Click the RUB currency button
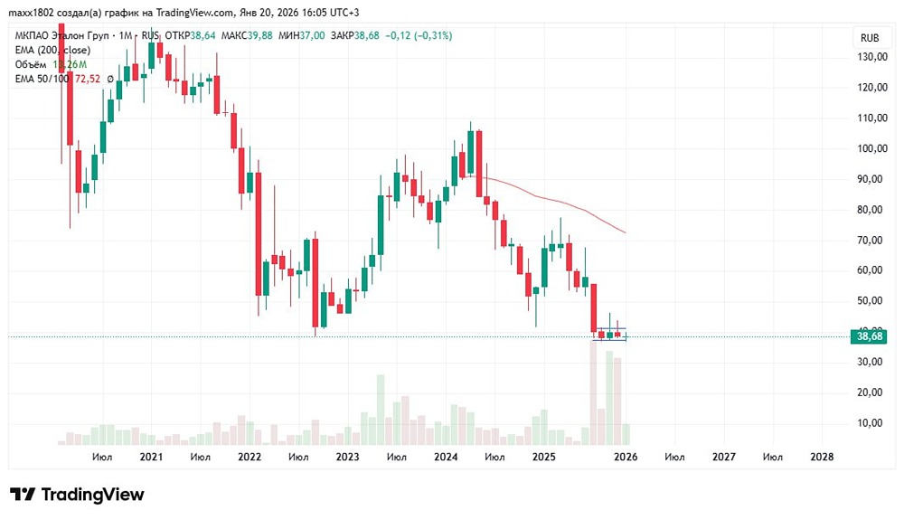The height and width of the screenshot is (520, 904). coord(870,38)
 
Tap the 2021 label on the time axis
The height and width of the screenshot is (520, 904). coord(151,458)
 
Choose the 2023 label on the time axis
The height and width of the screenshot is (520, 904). coord(347,458)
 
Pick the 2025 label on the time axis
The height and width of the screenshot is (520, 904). coord(543,458)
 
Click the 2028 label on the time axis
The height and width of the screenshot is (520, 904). coord(821,458)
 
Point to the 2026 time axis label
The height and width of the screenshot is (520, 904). coord(626,458)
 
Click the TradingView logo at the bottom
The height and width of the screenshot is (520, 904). coord(77,495)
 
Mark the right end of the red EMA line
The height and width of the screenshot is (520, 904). coord(626,233)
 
